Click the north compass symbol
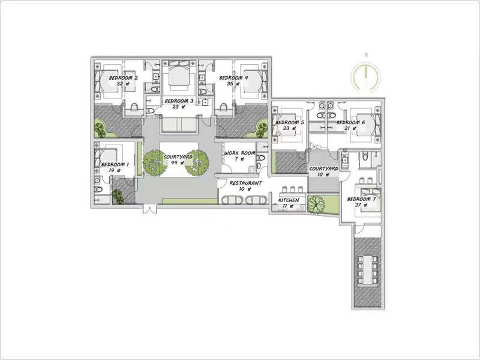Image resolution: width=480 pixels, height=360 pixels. tap(365, 77)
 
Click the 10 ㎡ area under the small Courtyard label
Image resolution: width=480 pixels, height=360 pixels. tap(323, 175)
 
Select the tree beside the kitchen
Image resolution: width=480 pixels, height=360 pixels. tap(316, 204)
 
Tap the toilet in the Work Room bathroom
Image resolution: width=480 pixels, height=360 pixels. tap(261, 158)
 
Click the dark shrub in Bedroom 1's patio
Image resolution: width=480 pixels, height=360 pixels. tap(118, 197)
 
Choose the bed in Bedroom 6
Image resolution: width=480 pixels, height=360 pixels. tap(365, 125)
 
